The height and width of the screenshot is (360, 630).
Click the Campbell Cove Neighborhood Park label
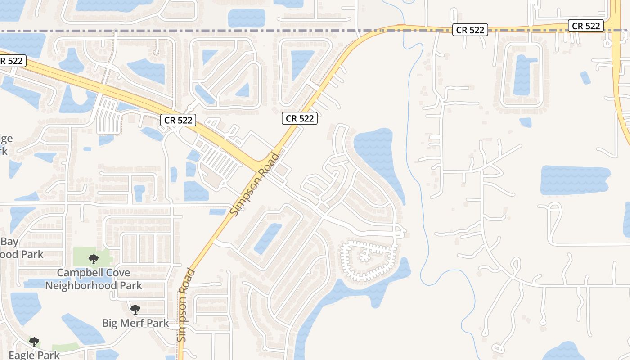coord(94,279)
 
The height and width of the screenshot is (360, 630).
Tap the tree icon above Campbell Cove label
coord(94,259)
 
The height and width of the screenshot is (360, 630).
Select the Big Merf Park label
coord(135,323)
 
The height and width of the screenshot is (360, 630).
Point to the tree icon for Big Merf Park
coord(135,309)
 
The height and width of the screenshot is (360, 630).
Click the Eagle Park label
coord(34,355)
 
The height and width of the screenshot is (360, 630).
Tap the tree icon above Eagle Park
coord(34,342)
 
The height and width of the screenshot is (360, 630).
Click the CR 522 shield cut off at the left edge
coord(11,61)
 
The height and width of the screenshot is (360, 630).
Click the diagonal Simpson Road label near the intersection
coord(255,184)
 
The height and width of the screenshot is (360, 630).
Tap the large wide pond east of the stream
coord(574,180)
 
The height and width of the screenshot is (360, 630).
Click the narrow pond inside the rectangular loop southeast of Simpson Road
coord(268,238)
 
